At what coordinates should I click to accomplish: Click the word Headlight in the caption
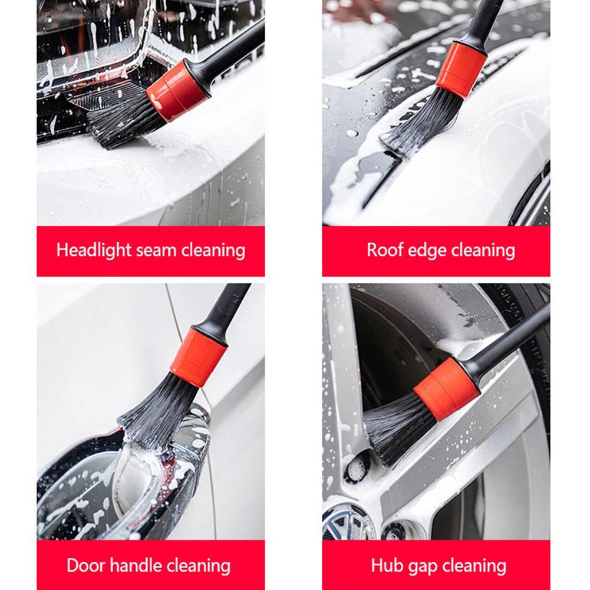click(94, 250)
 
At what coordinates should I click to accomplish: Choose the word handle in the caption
click(135, 566)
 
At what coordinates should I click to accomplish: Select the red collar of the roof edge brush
click(461, 70)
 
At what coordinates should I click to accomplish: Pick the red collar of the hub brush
click(446, 389)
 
